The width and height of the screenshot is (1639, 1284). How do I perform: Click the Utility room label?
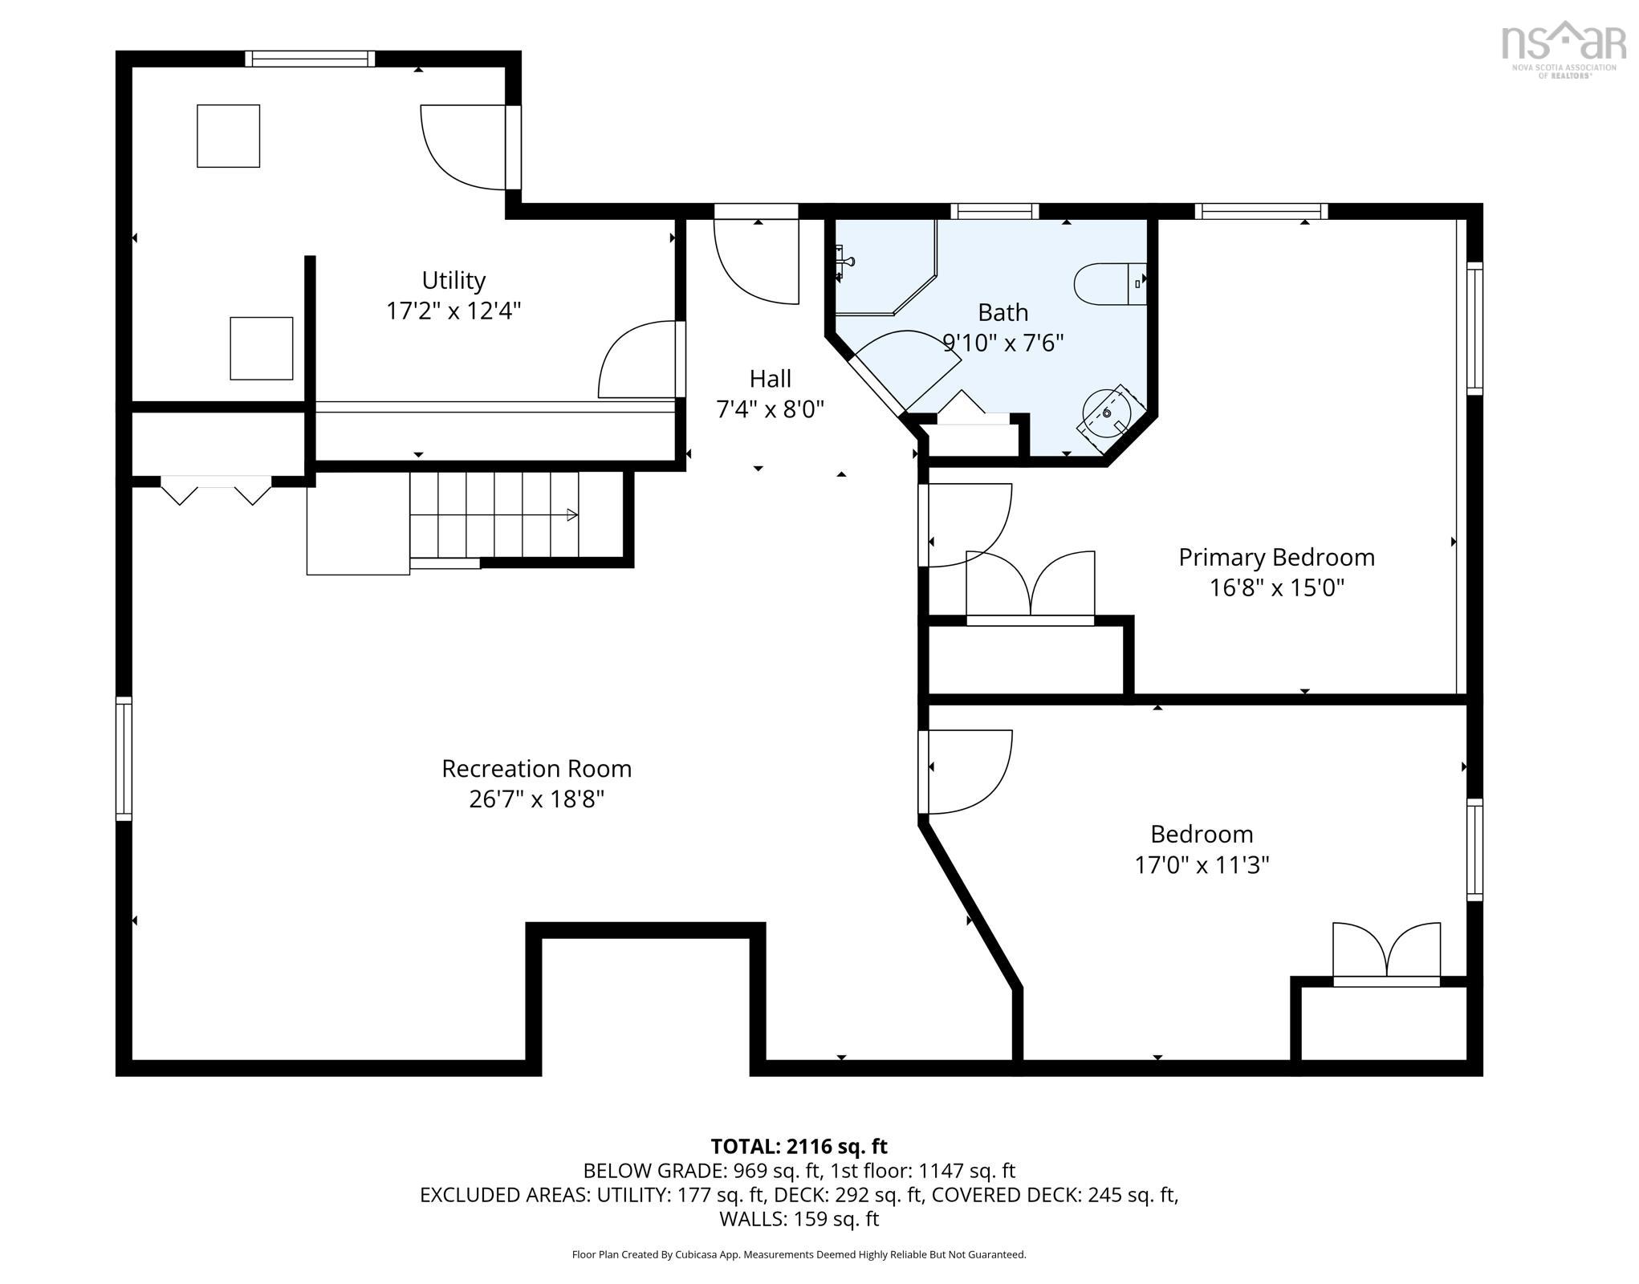(x=453, y=281)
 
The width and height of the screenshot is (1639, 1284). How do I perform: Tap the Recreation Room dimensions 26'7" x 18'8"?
(x=536, y=800)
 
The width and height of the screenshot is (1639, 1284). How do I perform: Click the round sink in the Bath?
(x=1107, y=413)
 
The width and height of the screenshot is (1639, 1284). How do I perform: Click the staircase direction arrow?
(x=572, y=515)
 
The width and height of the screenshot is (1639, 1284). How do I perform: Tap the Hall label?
(x=770, y=379)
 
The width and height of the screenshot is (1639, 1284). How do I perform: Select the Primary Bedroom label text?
(x=1276, y=558)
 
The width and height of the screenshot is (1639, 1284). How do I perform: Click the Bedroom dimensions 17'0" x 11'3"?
(x=1202, y=866)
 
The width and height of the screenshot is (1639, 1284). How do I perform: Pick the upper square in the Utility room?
(x=229, y=136)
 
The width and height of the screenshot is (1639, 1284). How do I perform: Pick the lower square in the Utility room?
(x=262, y=348)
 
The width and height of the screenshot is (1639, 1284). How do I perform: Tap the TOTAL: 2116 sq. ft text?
(x=799, y=1146)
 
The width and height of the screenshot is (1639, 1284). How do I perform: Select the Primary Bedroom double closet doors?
(x=1030, y=585)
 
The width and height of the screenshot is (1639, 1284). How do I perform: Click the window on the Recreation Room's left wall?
(x=124, y=759)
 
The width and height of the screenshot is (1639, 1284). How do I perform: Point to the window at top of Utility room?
(x=310, y=59)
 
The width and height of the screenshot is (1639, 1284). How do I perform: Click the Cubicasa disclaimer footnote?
(x=799, y=1254)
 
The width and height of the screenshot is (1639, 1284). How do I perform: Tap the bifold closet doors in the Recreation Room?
(x=216, y=490)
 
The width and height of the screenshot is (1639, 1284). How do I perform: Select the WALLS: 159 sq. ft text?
(x=799, y=1219)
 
